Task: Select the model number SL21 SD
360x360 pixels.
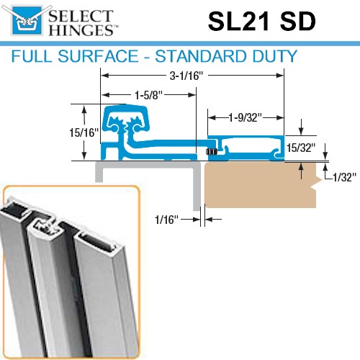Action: point(261,21)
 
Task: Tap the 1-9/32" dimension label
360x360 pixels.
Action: point(244,116)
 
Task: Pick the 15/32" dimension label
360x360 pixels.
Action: point(300,148)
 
